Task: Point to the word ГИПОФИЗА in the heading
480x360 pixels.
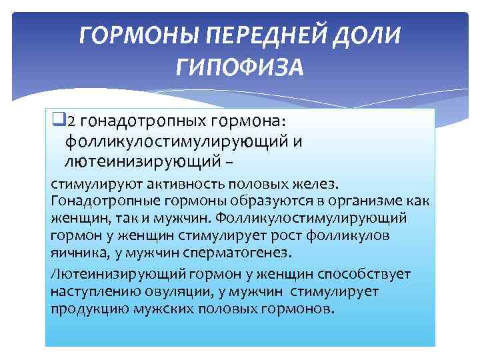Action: (240, 67)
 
